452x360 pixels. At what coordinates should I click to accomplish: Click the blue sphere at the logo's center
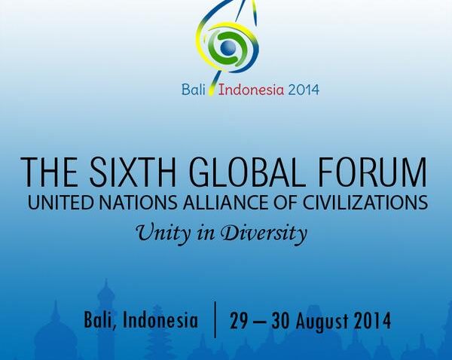click(x=228, y=48)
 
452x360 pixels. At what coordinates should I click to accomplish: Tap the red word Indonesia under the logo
click(x=251, y=90)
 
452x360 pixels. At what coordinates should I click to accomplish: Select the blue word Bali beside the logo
click(x=194, y=90)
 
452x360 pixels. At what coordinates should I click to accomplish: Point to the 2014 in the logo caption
click(x=304, y=90)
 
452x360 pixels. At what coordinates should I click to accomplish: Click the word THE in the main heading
click(x=49, y=172)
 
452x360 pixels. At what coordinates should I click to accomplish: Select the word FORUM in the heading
click(x=372, y=172)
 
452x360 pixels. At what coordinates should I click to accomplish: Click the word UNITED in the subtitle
click(x=60, y=203)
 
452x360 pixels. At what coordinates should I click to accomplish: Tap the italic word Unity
click(x=163, y=233)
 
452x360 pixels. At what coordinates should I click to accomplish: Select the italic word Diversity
click(x=264, y=233)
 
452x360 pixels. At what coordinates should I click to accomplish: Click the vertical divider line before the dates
click(x=215, y=319)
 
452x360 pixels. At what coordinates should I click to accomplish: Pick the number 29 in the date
click(x=239, y=321)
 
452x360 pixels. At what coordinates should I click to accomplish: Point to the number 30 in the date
click(x=280, y=321)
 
